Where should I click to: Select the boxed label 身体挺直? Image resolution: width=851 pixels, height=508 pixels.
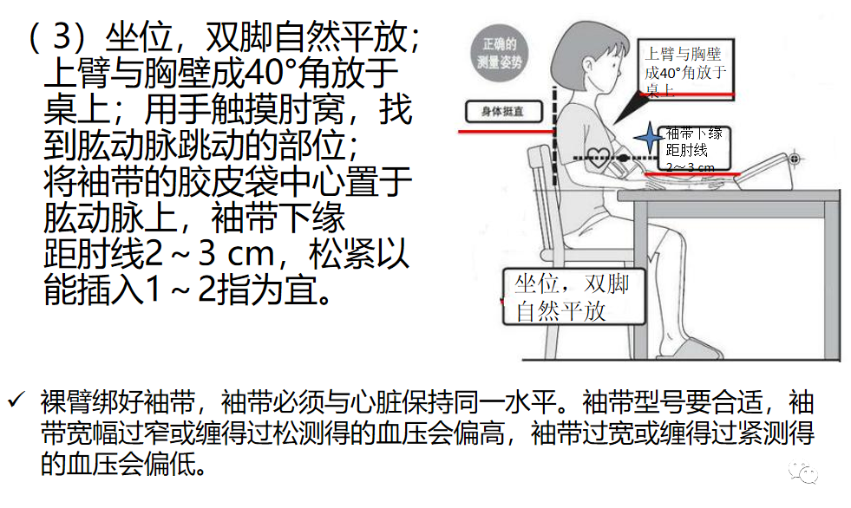501,112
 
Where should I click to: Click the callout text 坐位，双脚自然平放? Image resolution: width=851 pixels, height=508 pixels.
573,297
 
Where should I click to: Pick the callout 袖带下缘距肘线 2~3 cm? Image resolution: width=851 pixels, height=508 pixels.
693,148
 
